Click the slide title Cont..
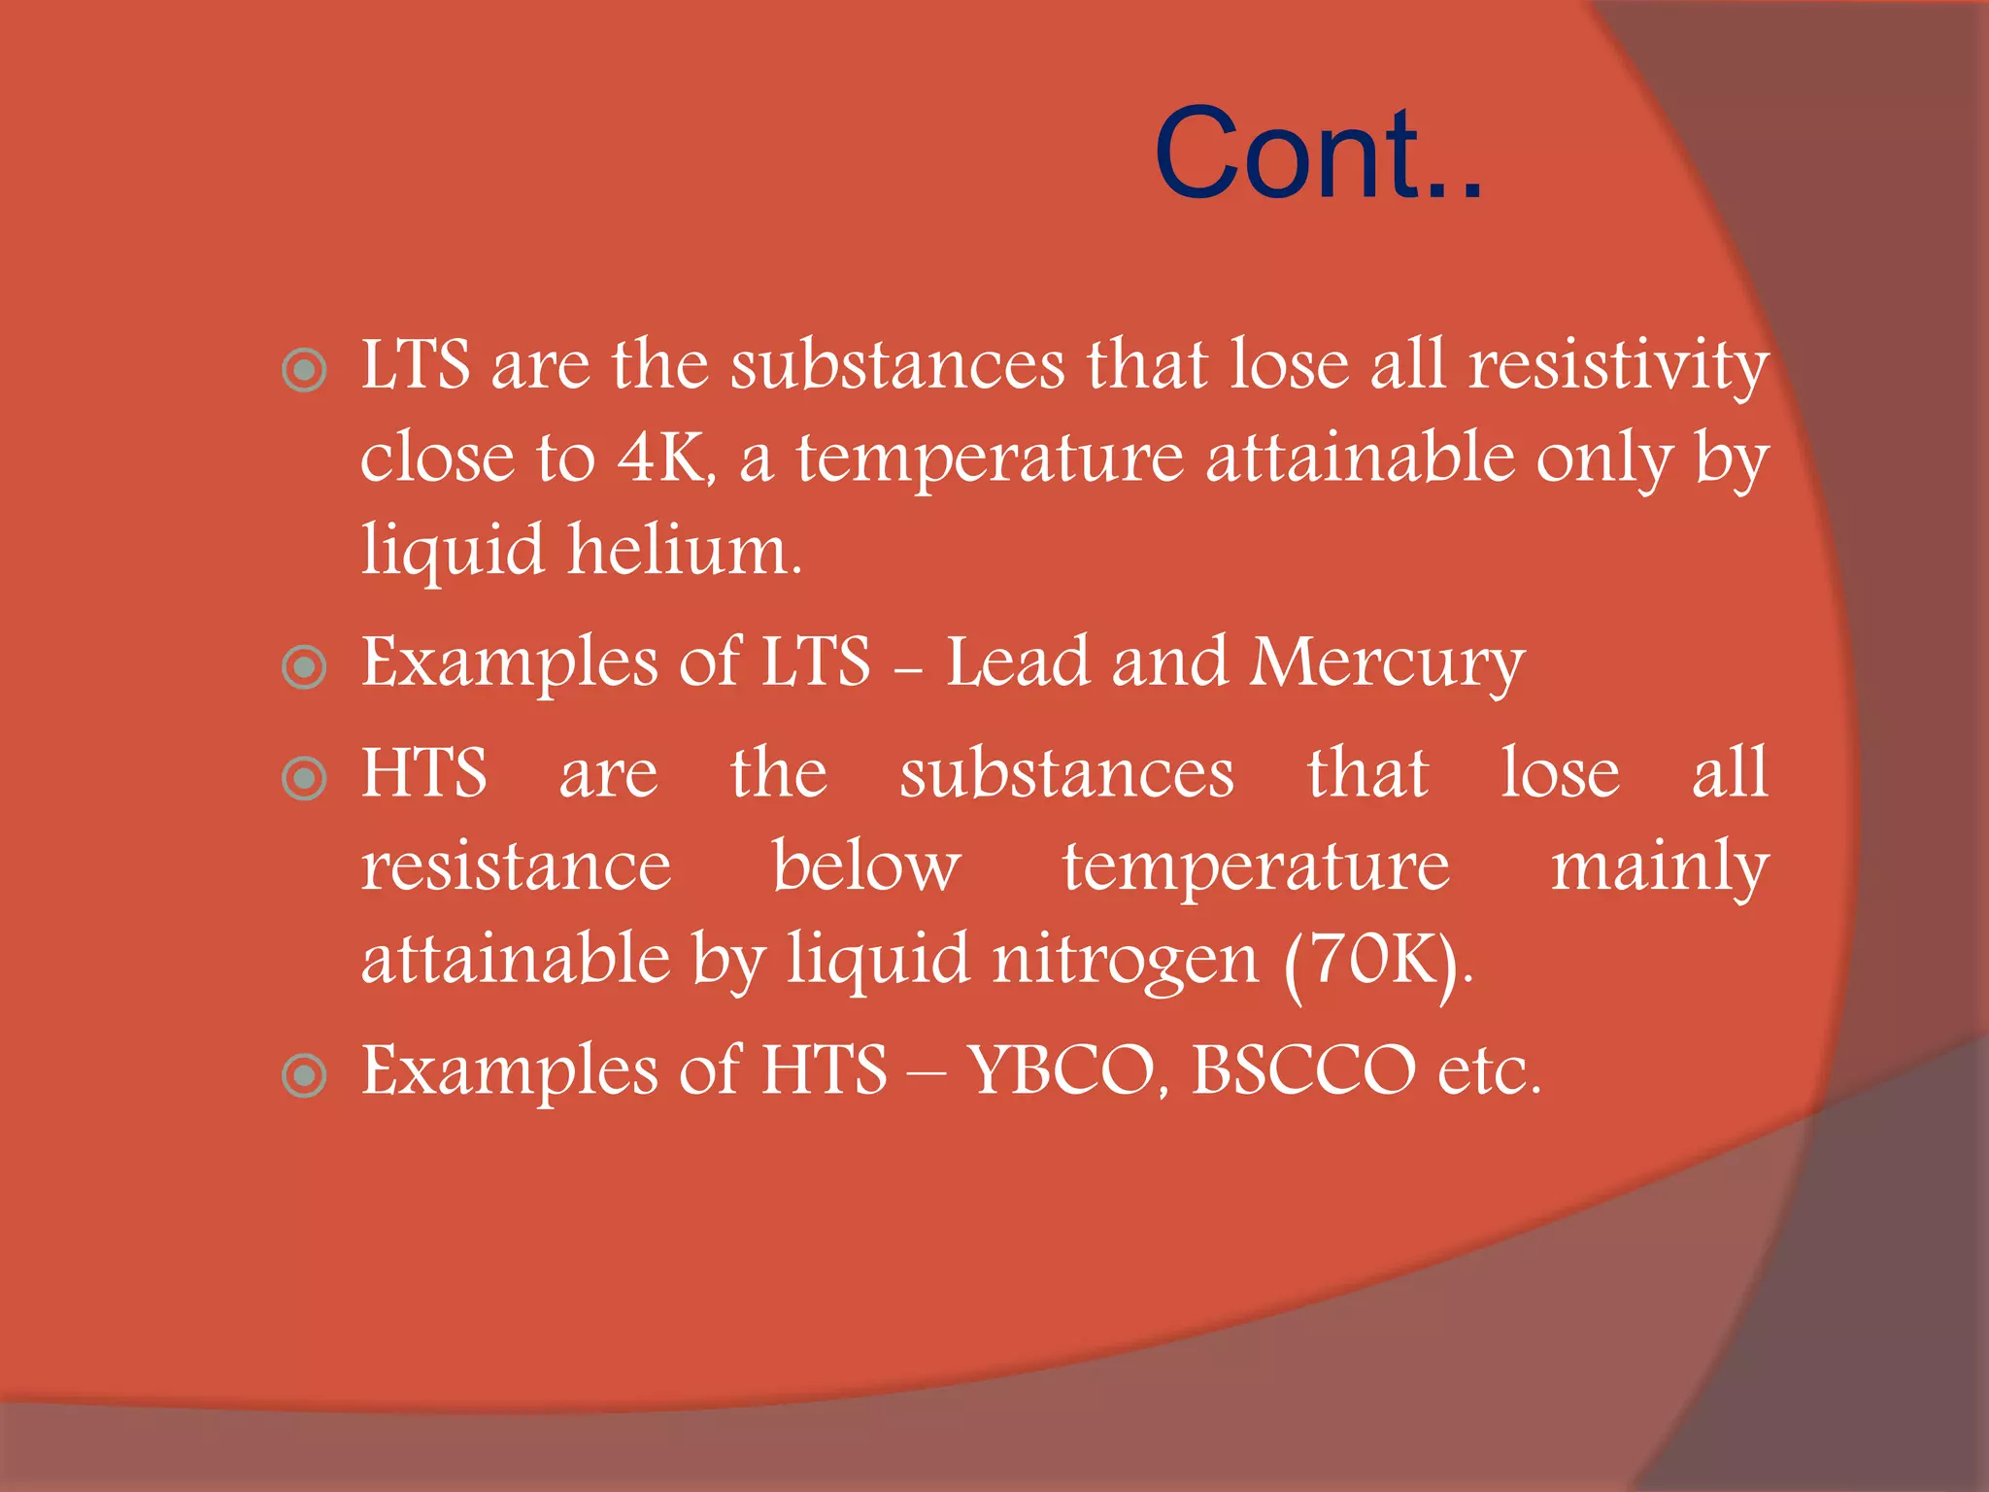(1318, 154)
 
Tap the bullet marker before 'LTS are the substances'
(304, 370)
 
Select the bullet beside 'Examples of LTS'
(304, 667)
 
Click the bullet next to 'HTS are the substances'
(304, 778)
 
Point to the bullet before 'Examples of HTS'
(304, 1075)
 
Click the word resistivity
(1618, 366)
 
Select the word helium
(685, 551)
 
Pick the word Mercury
(1388, 664)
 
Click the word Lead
(1018, 662)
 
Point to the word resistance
(516, 866)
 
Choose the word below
(866, 866)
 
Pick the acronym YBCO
(1065, 1070)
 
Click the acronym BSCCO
(1303, 1070)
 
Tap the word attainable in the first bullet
(1360, 458)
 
